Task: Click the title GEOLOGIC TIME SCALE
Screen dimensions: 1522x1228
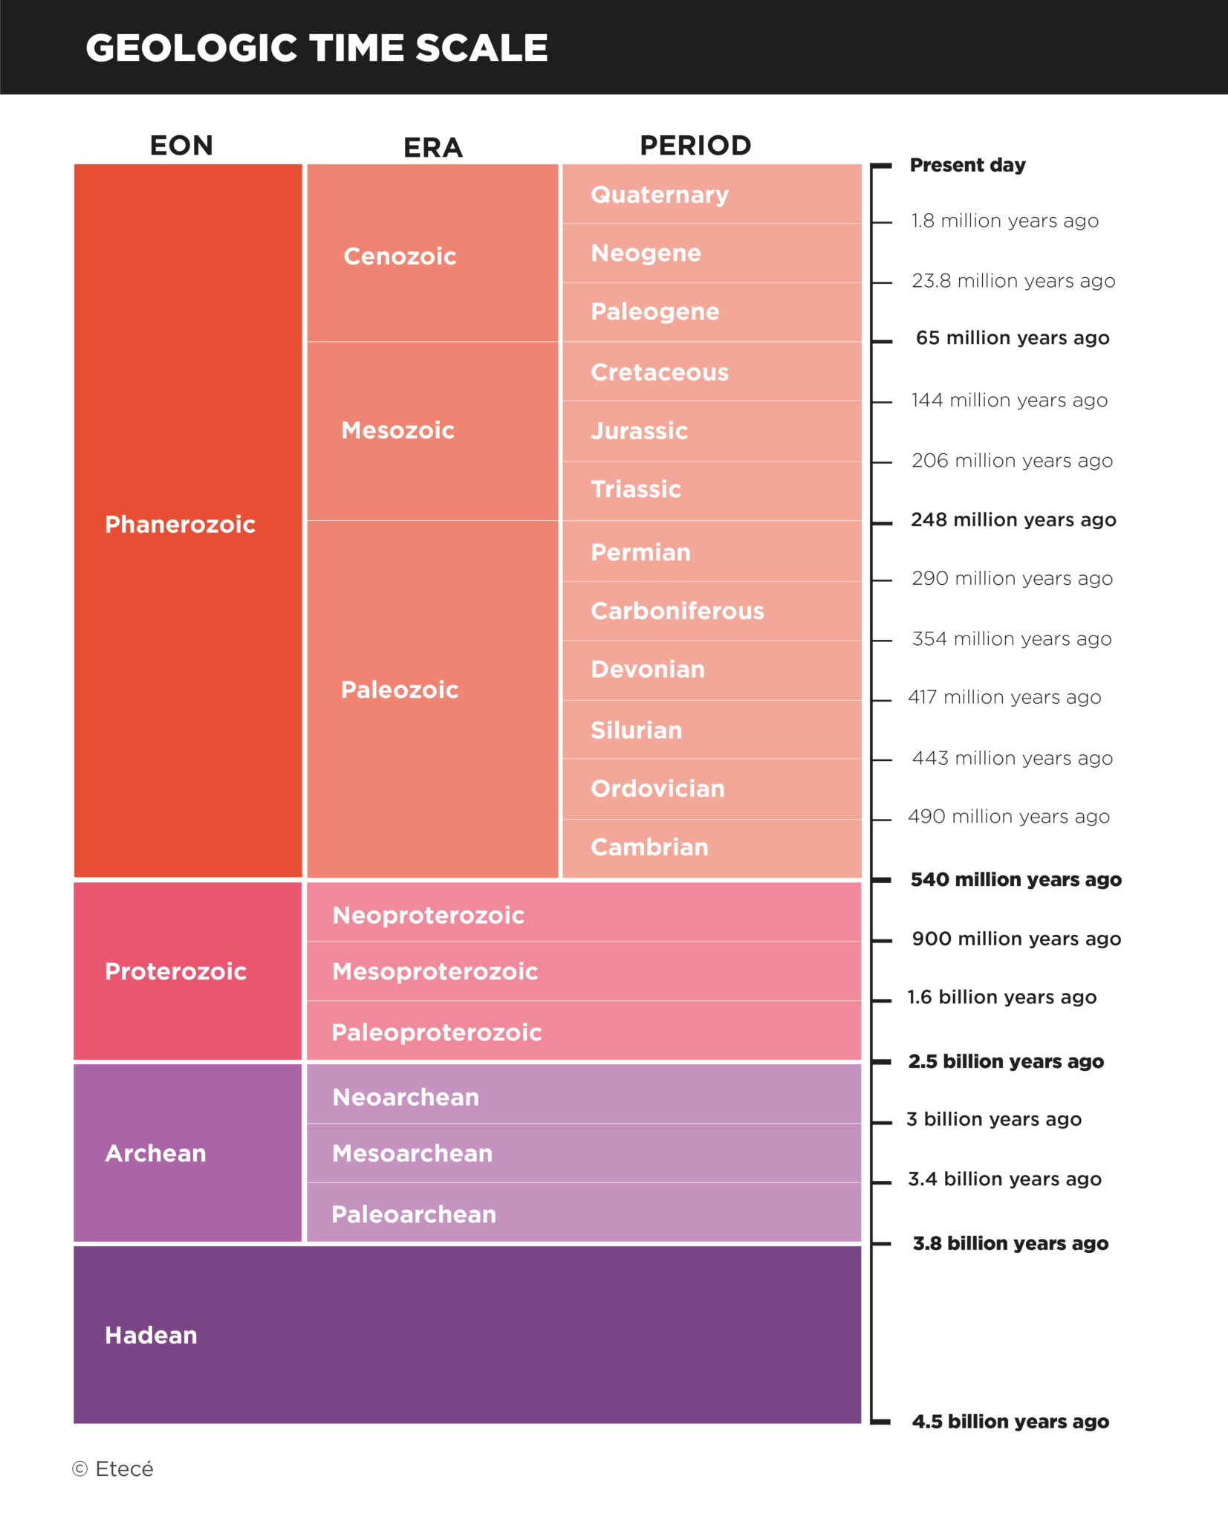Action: point(316,48)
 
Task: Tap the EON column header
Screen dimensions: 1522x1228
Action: point(181,145)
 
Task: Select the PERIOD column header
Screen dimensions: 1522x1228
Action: point(695,145)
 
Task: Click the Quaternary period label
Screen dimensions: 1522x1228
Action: point(660,195)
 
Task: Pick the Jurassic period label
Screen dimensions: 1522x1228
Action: point(639,431)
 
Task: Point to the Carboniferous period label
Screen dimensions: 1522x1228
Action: point(677,611)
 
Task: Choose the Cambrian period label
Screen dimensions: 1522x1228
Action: point(649,847)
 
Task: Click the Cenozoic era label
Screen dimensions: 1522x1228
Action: point(400,256)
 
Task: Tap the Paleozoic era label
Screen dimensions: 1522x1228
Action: point(400,690)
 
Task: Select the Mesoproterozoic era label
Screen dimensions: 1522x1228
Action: point(435,971)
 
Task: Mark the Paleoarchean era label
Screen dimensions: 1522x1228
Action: point(414,1214)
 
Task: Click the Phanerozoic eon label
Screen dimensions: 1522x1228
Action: point(180,525)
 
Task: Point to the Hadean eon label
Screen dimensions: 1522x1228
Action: point(151,1335)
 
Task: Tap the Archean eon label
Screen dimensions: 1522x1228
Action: point(155,1153)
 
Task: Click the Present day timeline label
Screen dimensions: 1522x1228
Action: point(967,165)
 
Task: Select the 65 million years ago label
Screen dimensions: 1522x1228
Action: point(1012,338)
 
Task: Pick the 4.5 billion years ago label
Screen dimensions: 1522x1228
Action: point(1010,1422)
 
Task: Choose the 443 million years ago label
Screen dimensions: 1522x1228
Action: point(1012,758)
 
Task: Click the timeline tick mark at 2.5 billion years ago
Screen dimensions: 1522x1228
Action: point(881,1062)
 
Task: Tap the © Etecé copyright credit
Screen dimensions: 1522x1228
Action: point(113,1469)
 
